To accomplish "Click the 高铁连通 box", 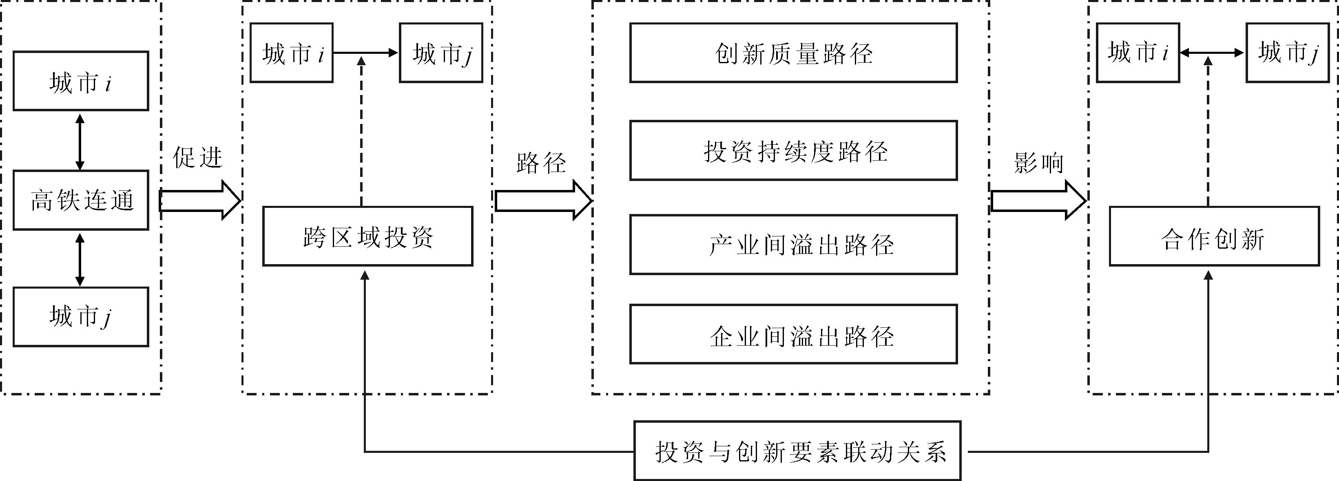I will coord(81,200).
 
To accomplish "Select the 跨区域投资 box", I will coord(367,236).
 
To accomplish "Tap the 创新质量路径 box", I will coord(793,53).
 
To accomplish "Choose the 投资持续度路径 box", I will coord(793,151).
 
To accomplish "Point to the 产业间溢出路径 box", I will coord(793,245).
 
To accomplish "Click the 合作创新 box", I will coord(1214,236).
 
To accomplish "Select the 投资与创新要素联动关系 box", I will coord(797,451).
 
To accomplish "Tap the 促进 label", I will coord(197,157).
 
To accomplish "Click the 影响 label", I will coord(1038,163).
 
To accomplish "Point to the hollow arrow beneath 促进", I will coord(200,201).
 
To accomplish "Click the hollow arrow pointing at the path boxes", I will coord(543,201).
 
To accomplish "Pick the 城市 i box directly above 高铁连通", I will coord(81,81).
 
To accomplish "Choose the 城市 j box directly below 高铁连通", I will coord(81,317).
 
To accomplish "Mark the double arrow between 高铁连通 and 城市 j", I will coord(80,259).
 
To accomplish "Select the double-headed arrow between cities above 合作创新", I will coord(1212,53).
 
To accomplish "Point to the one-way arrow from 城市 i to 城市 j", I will coord(366,53).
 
